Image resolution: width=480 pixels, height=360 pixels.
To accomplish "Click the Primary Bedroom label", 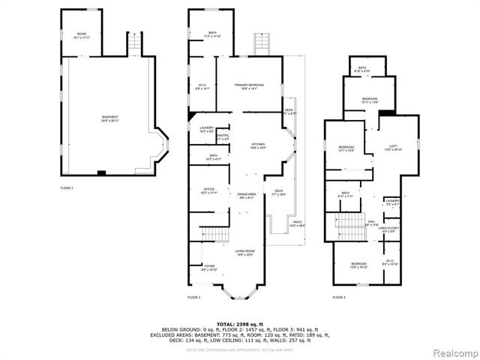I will coord(245,88).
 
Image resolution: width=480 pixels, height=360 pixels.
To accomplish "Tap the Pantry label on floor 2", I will coord(223,137).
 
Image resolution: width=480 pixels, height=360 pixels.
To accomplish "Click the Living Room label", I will coord(245,253).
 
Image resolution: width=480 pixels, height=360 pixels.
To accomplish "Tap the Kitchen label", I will coord(258,146).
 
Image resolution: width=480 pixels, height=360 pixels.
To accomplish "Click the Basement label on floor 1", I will coord(110,118).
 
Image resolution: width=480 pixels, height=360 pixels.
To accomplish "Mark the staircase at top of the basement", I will coord(133,46).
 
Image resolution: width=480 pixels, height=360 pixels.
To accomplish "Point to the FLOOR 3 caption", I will coord(339,298).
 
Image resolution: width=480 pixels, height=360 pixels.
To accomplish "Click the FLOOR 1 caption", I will coord(67,187).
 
